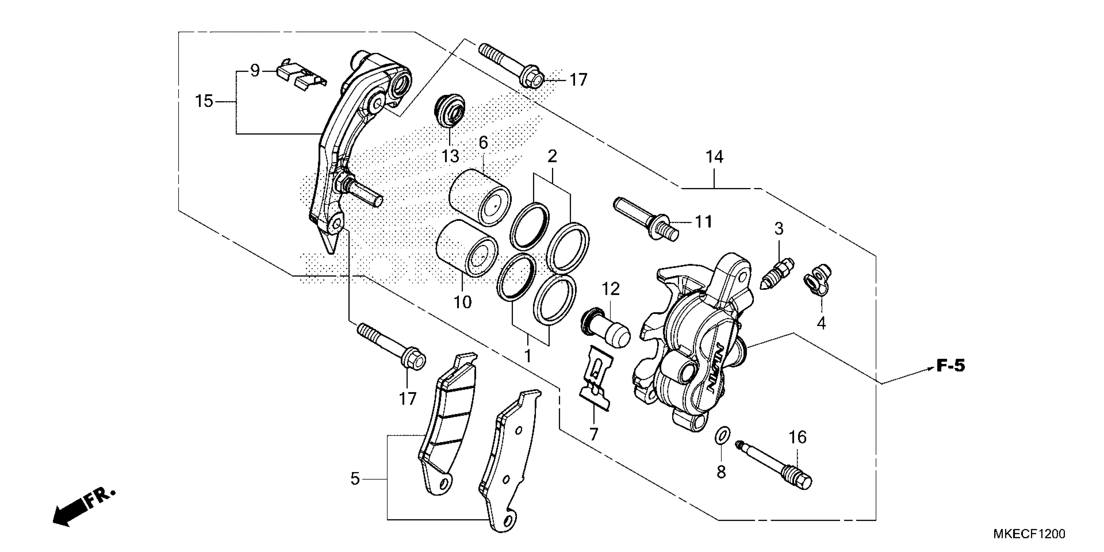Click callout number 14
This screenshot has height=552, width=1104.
pyautogui.click(x=714, y=157)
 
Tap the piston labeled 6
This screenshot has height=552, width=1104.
pyautogui.click(x=480, y=197)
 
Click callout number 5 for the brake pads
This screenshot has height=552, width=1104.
pyautogui.click(x=355, y=479)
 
